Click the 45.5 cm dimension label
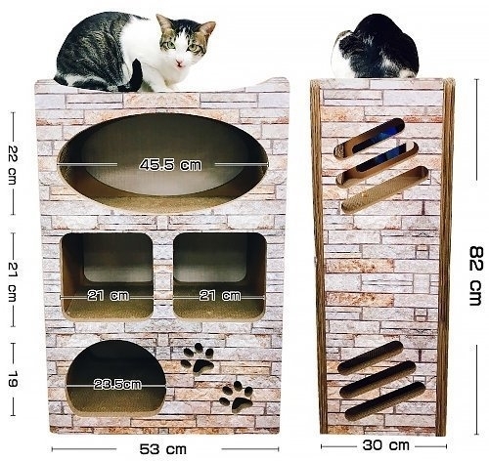click(x=170, y=165)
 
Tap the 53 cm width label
click(x=163, y=449)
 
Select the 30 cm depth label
click(x=385, y=445)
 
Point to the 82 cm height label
click(x=476, y=276)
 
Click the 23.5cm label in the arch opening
click(x=117, y=385)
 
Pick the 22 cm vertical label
click(x=13, y=165)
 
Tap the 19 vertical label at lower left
click(x=13, y=379)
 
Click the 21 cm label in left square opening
click(x=109, y=296)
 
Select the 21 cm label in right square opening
click(x=220, y=296)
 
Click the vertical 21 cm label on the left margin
click(x=13, y=282)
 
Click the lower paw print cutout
click(x=237, y=396)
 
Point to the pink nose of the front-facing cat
click(x=179, y=63)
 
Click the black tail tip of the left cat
click(x=136, y=75)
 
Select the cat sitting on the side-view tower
click(x=375, y=46)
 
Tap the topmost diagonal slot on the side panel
click(x=369, y=139)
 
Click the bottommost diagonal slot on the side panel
click(x=385, y=400)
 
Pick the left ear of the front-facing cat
click(x=164, y=23)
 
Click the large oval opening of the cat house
click(x=163, y=163)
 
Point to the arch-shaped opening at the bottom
click(x=116, y=378)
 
